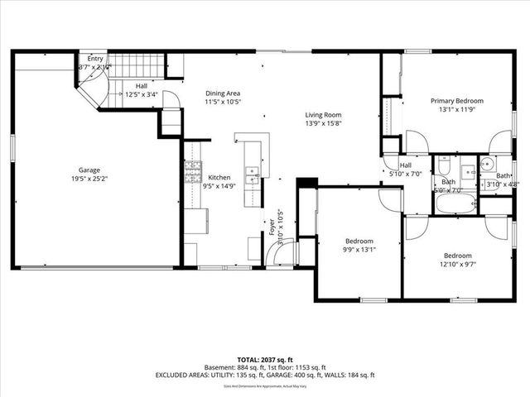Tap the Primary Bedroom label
click(x=456, y=100)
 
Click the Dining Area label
click(x=223, y=93)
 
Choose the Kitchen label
click(x=219, y=177)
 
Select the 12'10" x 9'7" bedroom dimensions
click(x=457, y=265)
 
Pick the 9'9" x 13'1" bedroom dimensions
click(x=359, y=250)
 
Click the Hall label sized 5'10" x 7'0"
click(x=406, y=165)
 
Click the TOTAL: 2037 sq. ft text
click(x=264, y=359)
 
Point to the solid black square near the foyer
click(x=306, y=183)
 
